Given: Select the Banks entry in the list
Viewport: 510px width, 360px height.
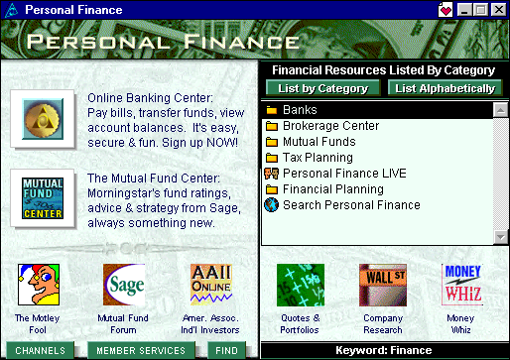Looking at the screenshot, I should click(x=299, y=110).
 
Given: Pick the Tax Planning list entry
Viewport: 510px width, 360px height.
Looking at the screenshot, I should click(x=318, y=158).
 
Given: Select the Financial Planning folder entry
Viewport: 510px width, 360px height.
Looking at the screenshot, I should click(x=331, y=189).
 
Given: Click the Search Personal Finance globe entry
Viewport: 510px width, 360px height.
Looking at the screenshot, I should click(x=350, y=205).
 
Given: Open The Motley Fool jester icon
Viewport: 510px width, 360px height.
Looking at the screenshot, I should click(x=39, y=285).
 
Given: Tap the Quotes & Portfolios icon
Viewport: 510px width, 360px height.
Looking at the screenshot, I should click(x=301, y=285).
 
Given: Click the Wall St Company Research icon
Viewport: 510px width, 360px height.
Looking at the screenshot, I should click(x=382, y=285).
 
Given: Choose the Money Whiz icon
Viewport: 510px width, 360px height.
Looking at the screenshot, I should click(x=462, y=285).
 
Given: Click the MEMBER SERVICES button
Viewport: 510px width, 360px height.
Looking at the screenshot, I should click(x=141, y=350).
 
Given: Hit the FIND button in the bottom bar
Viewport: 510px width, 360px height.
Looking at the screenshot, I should click(x=227, y=350).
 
